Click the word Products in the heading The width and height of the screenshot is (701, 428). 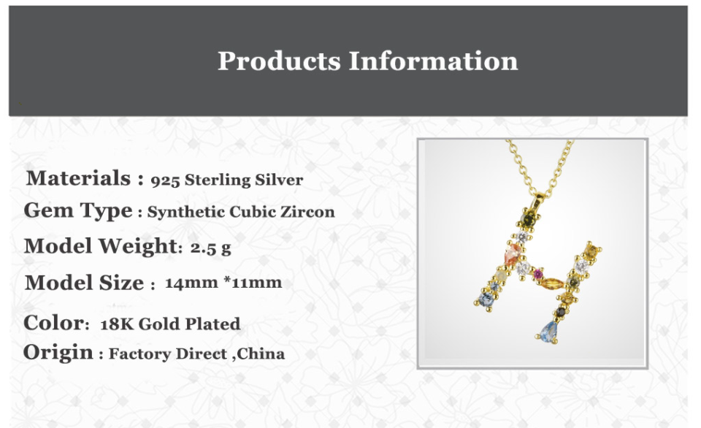coord(279,61)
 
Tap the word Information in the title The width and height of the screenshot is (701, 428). coord(433,61)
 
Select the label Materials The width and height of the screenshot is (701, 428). coord(79,178)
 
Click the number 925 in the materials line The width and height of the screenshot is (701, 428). coord(165,180)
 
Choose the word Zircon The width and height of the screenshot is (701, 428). coord(307,212)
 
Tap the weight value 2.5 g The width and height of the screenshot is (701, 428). coord(210,248)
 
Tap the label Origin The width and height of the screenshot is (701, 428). coord(58,353)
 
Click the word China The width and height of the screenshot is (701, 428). coord(261,354)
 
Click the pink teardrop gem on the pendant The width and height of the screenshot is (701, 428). coord(511,254)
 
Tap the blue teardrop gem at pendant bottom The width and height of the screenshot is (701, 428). coord(548,331)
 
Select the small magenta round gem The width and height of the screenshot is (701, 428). coord(537,274)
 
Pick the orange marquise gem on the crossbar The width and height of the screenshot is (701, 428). coord(552,283)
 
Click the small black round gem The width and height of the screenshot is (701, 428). coord(561,311)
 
